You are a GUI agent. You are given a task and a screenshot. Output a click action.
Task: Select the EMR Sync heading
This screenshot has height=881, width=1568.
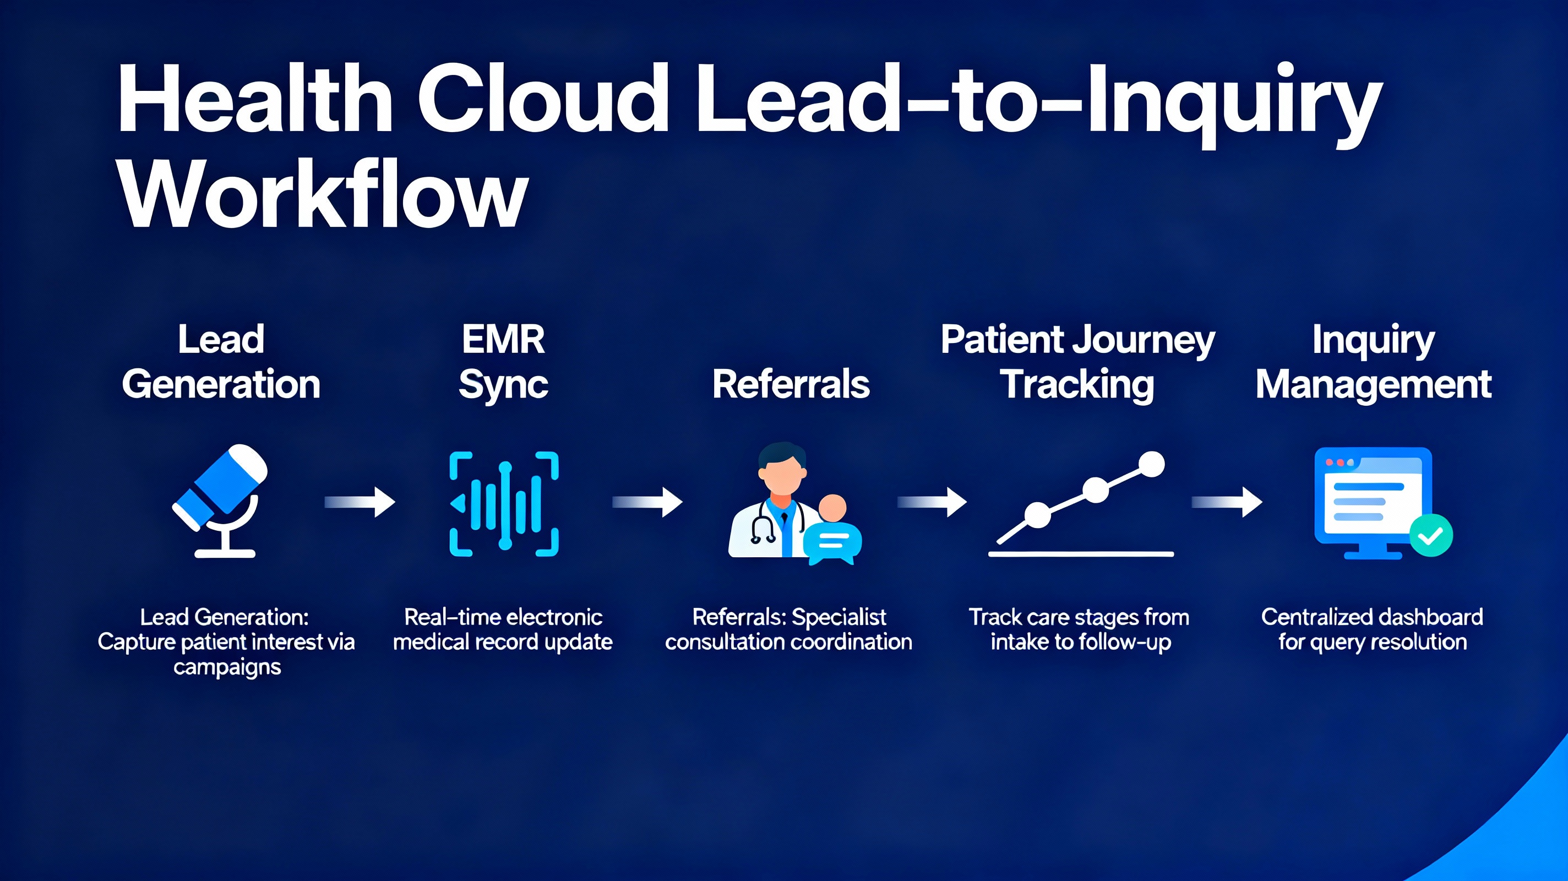[503, 362]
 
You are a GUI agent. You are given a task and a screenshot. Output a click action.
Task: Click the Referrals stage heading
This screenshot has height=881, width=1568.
[791, 384]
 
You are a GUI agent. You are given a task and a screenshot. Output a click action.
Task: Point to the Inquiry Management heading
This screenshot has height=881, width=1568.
[1373, 362]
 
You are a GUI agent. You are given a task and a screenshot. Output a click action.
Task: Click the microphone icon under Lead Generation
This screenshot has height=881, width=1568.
[222, 499]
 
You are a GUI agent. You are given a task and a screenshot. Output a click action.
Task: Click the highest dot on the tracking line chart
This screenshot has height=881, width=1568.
[1151, 465]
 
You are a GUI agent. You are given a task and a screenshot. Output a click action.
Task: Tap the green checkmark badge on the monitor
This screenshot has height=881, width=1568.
[1431, 535]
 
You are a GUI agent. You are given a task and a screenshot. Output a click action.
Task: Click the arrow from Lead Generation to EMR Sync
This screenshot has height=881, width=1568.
[361, 502]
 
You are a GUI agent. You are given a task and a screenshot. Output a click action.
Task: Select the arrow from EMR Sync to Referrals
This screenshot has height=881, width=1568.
[647, 502]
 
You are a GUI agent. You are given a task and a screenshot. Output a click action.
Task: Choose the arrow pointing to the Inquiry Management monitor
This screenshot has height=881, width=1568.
[1227, 502]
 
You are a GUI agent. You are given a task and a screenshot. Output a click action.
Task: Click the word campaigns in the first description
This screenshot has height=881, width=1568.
[227, 667]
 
